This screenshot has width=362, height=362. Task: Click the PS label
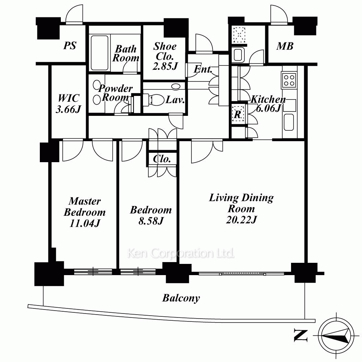[x=70, y=46]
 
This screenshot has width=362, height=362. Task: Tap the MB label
[x=285, y=46]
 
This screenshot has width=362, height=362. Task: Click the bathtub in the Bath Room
[x=100, y=53]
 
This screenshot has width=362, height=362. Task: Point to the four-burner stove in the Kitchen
[x=289, y=80]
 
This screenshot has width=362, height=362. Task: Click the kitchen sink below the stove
[x=289, y=122]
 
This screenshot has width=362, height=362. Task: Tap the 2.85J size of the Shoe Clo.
[x=165, y=66]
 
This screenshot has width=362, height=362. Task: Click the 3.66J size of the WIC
[x=68, y=109]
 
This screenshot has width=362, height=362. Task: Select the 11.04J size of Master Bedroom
[x=85, y=223]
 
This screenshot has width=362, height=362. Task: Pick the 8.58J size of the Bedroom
[x=151, y=221]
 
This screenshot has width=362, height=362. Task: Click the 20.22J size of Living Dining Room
[x=241, y=220]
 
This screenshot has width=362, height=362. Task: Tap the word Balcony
[x=181, y=298]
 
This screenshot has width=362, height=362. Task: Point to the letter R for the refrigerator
[x=237, y=114]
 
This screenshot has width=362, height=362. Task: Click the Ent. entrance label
[x=203, y=69]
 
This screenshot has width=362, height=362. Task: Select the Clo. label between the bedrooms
[x=162, y=159]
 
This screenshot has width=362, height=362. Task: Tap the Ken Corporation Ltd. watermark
[x=181, y=253]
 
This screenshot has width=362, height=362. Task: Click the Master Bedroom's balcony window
[x=93, y=271]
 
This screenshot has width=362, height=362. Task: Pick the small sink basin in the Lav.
[x=176, y=87]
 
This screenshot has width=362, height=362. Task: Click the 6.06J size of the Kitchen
[x=268, y=108]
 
